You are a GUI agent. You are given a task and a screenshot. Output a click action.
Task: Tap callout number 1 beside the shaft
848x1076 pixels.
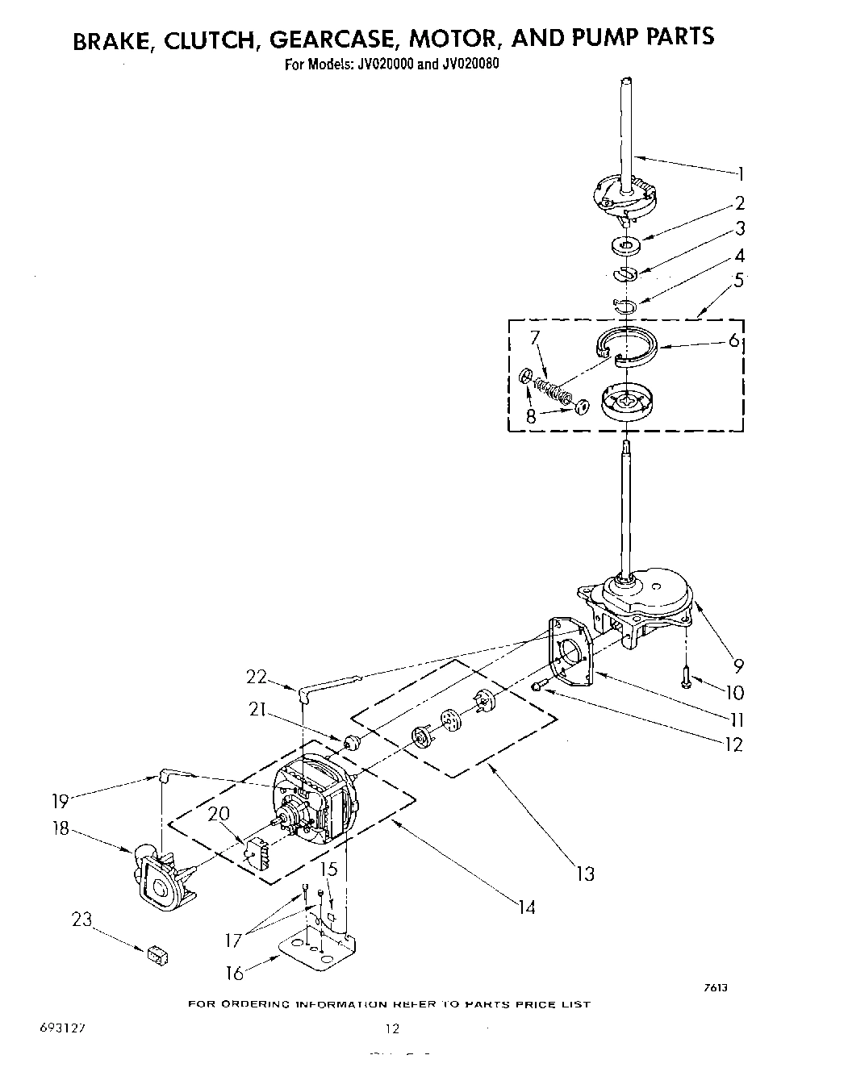pos(740,173)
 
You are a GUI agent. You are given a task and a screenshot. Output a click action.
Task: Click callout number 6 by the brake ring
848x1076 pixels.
pos(733,340)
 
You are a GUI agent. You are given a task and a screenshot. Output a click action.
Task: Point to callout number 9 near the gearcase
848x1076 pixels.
pos(738,665)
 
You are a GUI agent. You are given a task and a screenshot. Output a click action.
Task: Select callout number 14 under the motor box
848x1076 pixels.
pos(526,907)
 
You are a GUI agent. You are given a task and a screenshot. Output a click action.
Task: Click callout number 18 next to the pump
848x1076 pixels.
pos(61,828)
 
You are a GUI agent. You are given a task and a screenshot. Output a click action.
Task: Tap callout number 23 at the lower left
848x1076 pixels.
pos(82,920)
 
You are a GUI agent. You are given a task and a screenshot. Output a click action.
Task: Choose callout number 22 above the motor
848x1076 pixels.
pos(256,678)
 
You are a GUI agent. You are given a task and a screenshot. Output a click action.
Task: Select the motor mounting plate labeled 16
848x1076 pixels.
pos(319,947)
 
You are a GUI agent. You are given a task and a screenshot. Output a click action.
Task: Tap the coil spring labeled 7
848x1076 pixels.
pos(554,391)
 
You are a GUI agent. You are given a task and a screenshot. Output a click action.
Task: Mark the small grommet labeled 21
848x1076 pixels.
pos(351,741)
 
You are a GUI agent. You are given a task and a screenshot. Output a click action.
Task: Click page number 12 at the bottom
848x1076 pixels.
pos(392,1028)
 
